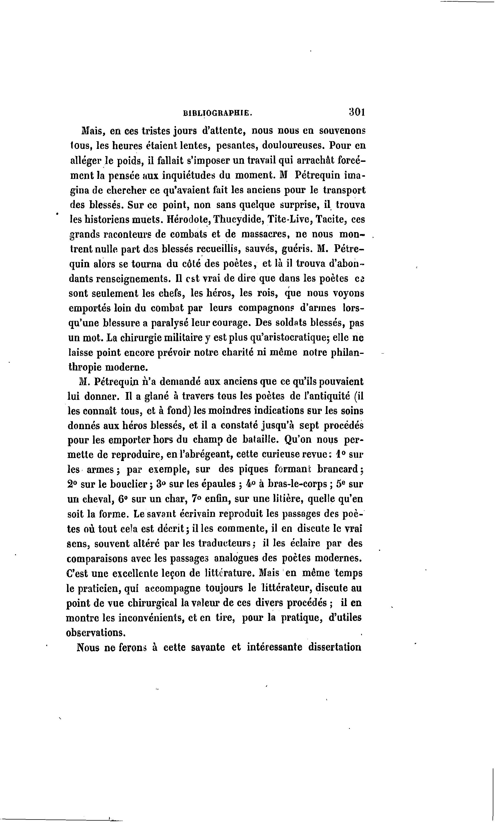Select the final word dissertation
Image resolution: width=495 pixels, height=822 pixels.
(x=334, y=647)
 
